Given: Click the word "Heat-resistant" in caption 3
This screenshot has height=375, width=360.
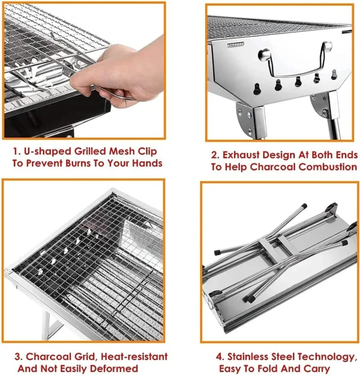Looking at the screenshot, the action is tap(134, 356).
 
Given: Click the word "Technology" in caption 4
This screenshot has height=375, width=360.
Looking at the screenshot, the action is tap(323, 357).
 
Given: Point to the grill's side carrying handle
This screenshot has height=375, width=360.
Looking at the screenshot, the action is tap(296, 62).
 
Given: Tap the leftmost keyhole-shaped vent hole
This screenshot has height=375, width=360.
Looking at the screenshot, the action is tap(256, 89).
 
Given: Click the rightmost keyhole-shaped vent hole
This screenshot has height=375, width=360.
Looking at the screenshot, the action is tap(334, 74).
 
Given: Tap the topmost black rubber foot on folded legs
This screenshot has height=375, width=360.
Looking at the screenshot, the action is tap(304, 206).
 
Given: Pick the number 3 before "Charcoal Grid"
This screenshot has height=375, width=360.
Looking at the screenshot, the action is tap(18, 356).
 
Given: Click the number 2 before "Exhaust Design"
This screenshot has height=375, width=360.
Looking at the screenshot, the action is tap(215, 155).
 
